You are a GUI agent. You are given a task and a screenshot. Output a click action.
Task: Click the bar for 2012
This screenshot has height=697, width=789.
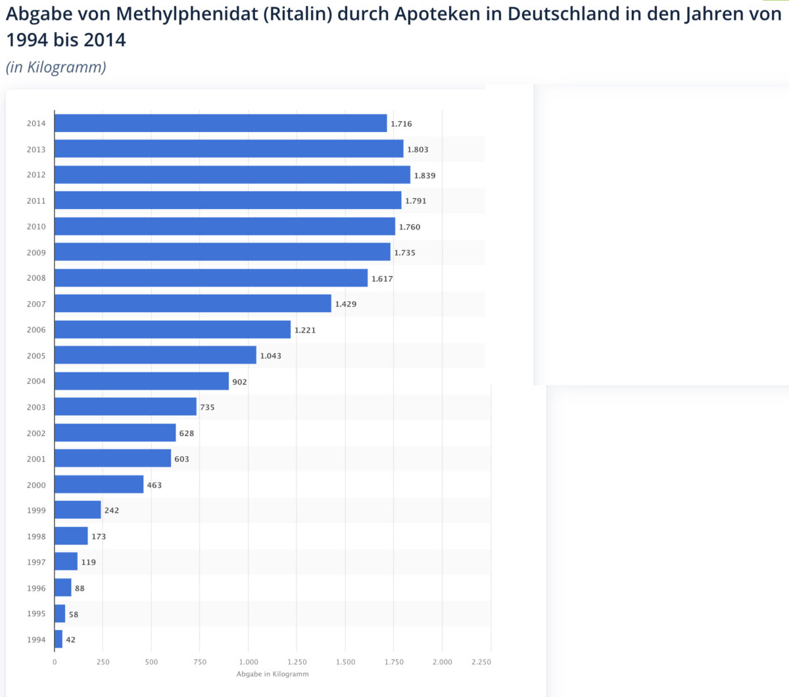[232, 175]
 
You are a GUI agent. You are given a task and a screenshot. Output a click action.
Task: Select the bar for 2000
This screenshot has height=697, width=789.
[99, 485]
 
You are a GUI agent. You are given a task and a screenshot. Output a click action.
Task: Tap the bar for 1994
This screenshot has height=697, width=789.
[59, 639]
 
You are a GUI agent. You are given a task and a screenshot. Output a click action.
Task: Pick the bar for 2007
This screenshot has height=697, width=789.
[193, 304]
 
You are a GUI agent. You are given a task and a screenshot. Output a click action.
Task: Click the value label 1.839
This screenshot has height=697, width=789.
[425, 176]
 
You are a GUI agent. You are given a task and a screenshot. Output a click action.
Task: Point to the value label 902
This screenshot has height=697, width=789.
[239, 382]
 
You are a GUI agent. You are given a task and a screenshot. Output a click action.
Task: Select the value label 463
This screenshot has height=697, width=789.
[154, 485]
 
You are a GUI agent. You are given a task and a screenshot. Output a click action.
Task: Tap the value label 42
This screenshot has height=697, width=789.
[70, 640]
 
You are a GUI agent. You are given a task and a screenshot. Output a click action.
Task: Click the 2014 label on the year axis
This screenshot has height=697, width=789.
[36, 124]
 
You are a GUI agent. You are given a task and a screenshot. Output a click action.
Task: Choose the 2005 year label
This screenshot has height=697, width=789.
[36, 356]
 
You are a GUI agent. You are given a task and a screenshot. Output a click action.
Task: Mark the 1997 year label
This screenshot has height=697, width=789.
[36, 562]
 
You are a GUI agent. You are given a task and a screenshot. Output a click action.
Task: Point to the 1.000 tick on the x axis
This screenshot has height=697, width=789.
[249, 662]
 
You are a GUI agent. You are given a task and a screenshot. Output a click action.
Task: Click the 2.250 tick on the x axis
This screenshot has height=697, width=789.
[481, 662]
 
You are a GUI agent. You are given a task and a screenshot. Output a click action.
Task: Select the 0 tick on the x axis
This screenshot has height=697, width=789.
[55, 662]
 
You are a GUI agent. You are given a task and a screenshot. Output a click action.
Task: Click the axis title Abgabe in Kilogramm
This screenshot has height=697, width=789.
[272, 674]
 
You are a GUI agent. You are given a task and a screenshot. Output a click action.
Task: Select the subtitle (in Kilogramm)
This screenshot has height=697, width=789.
[56, 67]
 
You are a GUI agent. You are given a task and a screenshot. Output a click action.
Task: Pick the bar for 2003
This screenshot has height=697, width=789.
[126, 407]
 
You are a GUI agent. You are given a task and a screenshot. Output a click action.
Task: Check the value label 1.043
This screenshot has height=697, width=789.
[270, 356]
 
